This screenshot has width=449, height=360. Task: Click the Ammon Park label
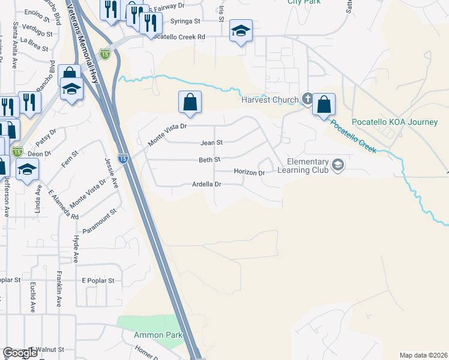click(149, 335)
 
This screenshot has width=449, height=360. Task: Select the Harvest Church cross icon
click(307, 99)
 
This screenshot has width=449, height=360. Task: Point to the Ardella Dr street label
click(207, 185)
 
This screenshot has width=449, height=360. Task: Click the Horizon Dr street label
click(249, 173)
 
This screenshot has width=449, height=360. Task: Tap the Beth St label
click(210, 160)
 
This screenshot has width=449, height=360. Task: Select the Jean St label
click(211, 143)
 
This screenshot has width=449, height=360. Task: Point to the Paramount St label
click(100, 223)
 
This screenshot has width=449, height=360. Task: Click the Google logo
click(20, 353)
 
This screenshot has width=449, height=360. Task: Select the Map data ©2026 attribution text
click(423, 355)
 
